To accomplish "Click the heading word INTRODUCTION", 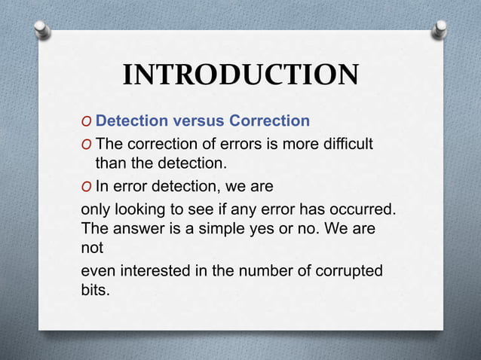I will tap(240, 75).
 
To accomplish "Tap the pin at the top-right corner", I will tap(439, 29).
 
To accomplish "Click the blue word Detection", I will tap(133, 121).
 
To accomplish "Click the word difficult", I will tap(346, 143).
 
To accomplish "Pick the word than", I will tap(110, 162).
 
